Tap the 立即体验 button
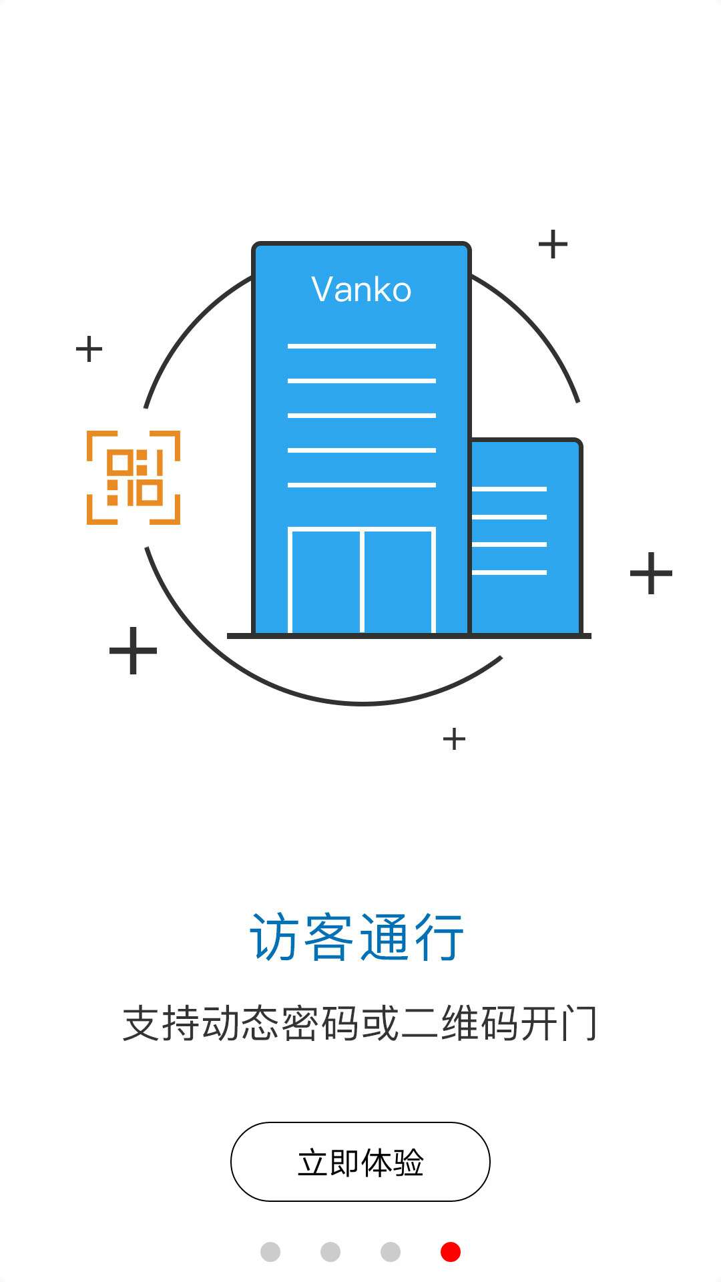[360, 1162]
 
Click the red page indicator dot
[451, 1252]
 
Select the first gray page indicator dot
[270, 1252]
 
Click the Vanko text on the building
[361, 290]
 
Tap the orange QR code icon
[134, 477]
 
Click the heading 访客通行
[357, 937]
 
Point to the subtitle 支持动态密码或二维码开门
[360, 1023]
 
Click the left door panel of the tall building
[325, 581]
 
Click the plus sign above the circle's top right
[553, 244]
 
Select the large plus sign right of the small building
[651, 573]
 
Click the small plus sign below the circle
[454, 739]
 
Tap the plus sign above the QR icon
[89, 349]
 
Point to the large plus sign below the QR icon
[133, 650]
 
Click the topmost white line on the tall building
[362, 346]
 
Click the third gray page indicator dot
[391, 1252]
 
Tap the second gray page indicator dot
[330, 1252]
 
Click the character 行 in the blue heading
[439, 937]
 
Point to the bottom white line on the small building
[509, 572]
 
